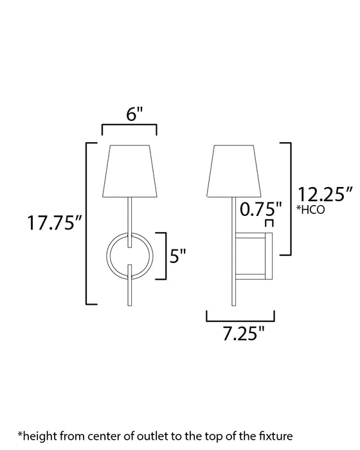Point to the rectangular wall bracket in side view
pyautogui.click(x=255, y=256)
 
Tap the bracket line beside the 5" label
pyautogui.click(x=166, y=255)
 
